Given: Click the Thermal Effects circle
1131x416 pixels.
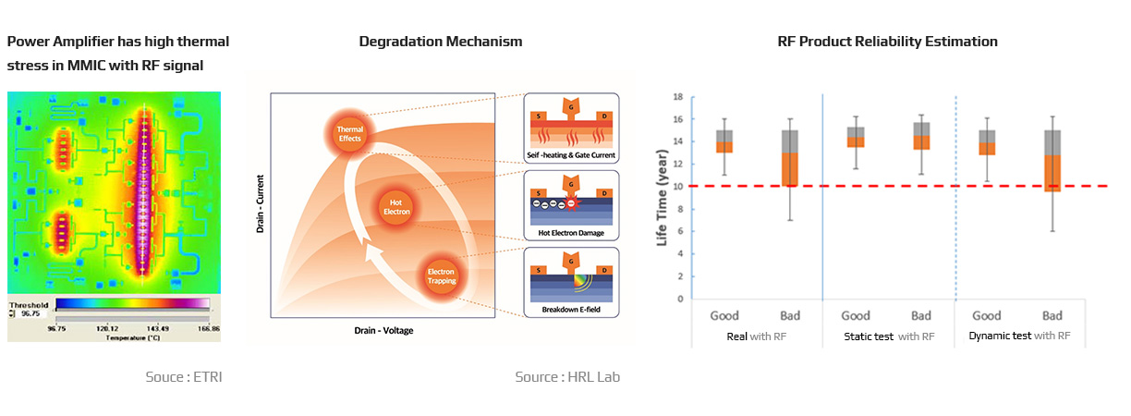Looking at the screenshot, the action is click(350, 134).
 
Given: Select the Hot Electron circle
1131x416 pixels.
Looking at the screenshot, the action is click(395, 207).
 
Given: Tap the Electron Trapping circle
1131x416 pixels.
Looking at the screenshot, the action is click(442, 276).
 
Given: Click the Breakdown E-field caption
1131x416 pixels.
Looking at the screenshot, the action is click(571, 310).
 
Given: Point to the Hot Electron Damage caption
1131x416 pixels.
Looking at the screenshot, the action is click(571, 233).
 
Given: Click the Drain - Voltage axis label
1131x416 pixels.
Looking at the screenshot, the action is click(383, 331).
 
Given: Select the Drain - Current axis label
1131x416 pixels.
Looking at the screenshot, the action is click(260, 204).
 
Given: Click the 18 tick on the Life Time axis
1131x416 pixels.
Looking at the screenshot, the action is click(678, 96).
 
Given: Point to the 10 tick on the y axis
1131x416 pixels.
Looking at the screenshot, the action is click(678, 187).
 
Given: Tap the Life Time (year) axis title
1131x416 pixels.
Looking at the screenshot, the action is click(662, 198).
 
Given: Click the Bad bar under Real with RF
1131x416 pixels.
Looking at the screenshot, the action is click(790, 158).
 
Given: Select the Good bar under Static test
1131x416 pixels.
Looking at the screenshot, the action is click(856, 138).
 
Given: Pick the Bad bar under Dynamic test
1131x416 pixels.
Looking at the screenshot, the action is click(1052, 161).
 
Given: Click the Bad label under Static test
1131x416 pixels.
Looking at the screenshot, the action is click(921, 316).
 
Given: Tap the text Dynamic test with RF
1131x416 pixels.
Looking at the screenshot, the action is click(1019, 336).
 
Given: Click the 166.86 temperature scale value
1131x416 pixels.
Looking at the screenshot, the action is click(209, 329).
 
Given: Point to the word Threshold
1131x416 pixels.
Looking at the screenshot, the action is click(29, 305).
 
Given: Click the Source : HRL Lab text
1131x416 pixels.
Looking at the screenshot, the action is click(567, 377).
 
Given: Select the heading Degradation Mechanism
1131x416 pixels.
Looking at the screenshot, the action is click(441, 42).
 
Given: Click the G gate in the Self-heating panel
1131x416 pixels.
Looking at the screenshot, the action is click(571, 108).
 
